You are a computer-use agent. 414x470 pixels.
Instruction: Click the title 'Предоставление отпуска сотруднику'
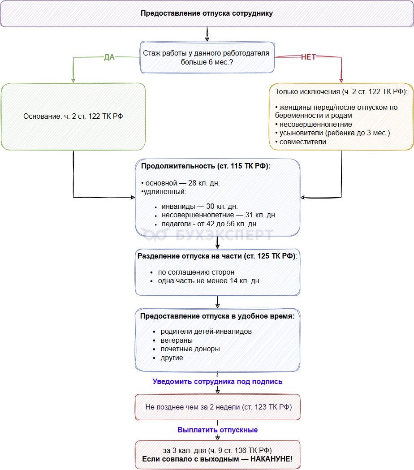pyautogui.click(x=207, y=13)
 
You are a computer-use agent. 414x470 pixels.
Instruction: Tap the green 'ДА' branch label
pyautogui.click(x=109, y=57)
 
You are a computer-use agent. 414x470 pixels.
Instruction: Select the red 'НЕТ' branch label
pyautogui.click(x=308, y=57)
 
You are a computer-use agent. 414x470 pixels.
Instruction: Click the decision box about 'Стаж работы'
pyautogui.click(x=207, y=57)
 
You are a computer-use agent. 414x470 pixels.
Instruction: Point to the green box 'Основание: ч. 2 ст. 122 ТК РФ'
pyautogui.click(x=73, y=116)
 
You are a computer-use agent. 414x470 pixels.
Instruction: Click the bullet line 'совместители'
pyautogui.click(x=301, y=142)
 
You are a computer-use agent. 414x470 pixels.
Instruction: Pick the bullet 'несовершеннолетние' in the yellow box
pyautogui.click(x=314, y=125)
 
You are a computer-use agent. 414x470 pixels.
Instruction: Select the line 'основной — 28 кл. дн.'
pyautogui.click(x=181, y=183)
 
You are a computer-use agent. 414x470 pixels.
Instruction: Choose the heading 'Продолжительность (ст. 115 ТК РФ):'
pyautogui.click(x=206, y=166)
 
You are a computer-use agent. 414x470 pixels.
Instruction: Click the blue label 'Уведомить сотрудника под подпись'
pyautogui.click(x=217, y=382)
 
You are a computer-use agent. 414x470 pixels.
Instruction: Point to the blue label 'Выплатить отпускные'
pyautogui.click(x=218, y=430)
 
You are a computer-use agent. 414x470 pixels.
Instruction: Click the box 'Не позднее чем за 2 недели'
pyautogui.click(x=218, y=407)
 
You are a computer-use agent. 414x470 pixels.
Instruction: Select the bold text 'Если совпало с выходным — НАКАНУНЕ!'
pyautogui.click(x=217, y=459)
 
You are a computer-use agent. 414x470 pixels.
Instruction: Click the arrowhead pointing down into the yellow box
pyautogui.click(x=341, y=81)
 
